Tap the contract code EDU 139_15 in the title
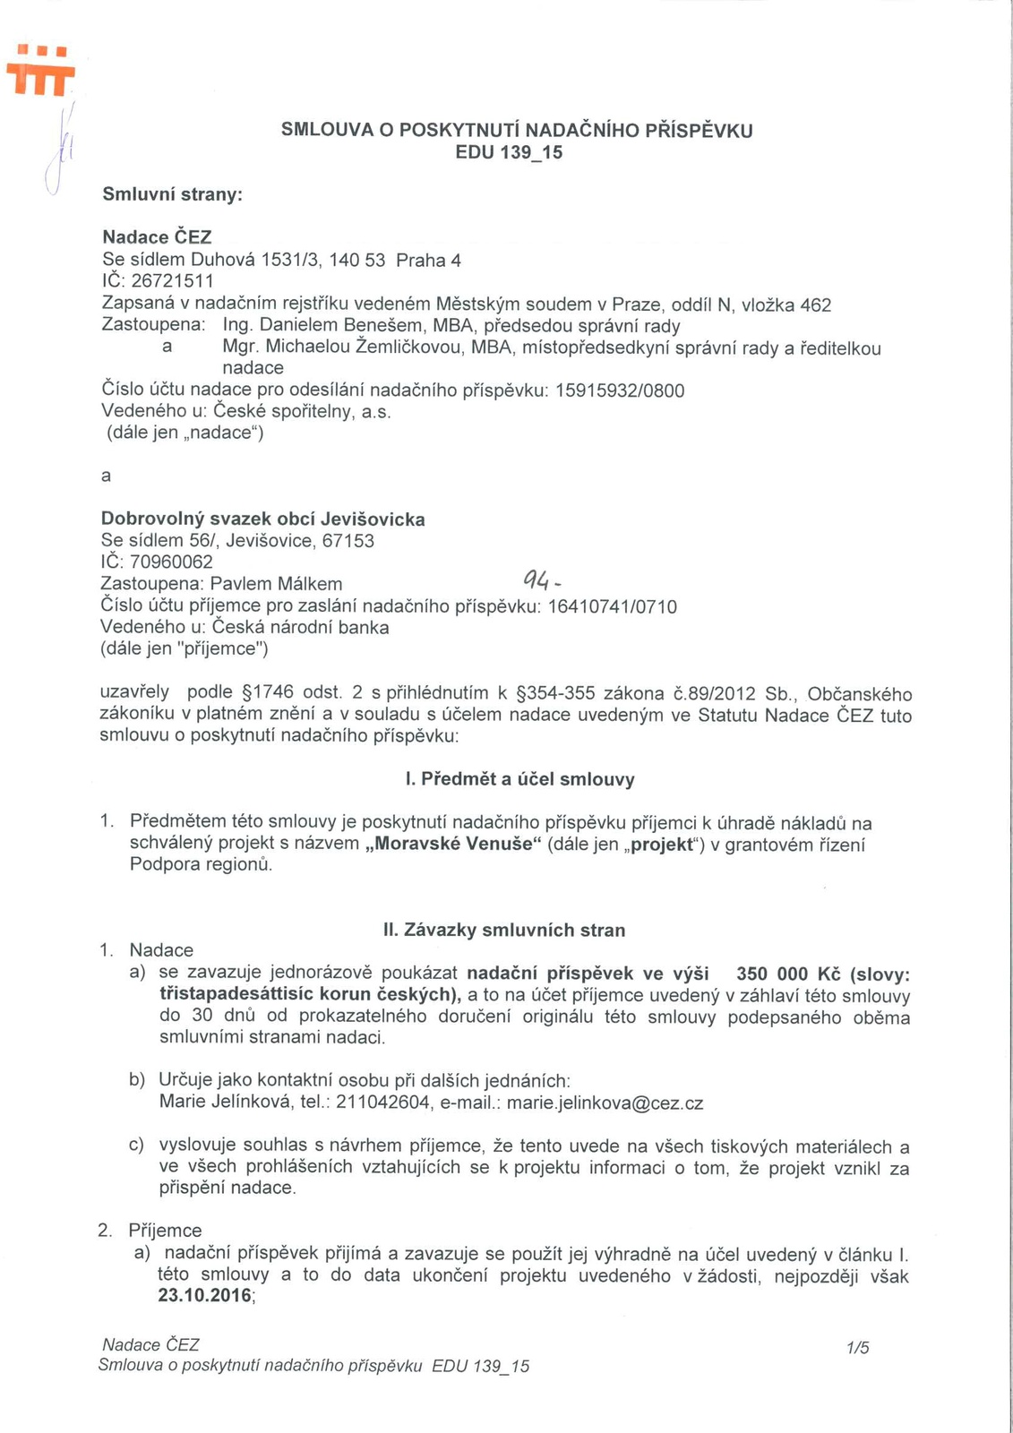509,152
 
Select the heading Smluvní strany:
173,194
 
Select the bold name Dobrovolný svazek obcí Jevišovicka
262,519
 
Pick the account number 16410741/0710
612,607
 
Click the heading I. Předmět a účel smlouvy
519,779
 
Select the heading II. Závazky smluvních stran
504,931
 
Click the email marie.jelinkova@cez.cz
605,1103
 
